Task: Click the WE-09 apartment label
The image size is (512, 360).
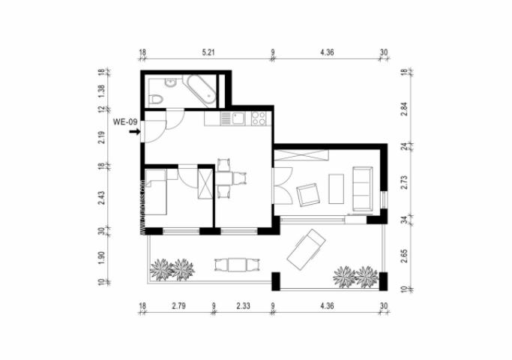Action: pos(124,121)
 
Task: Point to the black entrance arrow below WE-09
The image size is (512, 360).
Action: pos(134,133)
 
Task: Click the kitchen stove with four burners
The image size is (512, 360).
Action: pos(259,118)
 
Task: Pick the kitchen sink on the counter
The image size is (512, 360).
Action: pos(239,118)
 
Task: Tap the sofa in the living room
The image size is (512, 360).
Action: pos(362,188)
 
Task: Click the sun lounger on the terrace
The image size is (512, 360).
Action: pos(306,247)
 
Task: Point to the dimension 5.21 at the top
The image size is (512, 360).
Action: pos(208,53)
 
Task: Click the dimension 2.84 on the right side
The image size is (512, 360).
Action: pos(403,110)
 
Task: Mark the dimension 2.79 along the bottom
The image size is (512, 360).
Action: pos(178,306)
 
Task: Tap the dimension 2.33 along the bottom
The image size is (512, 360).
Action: pos(243,306)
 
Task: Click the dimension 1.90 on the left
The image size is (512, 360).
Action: pos(103,259)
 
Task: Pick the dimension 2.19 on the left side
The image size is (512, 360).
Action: pos(103,136)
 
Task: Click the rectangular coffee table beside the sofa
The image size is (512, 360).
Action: pos(337,189)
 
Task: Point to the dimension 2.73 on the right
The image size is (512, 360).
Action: pos(403,182)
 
